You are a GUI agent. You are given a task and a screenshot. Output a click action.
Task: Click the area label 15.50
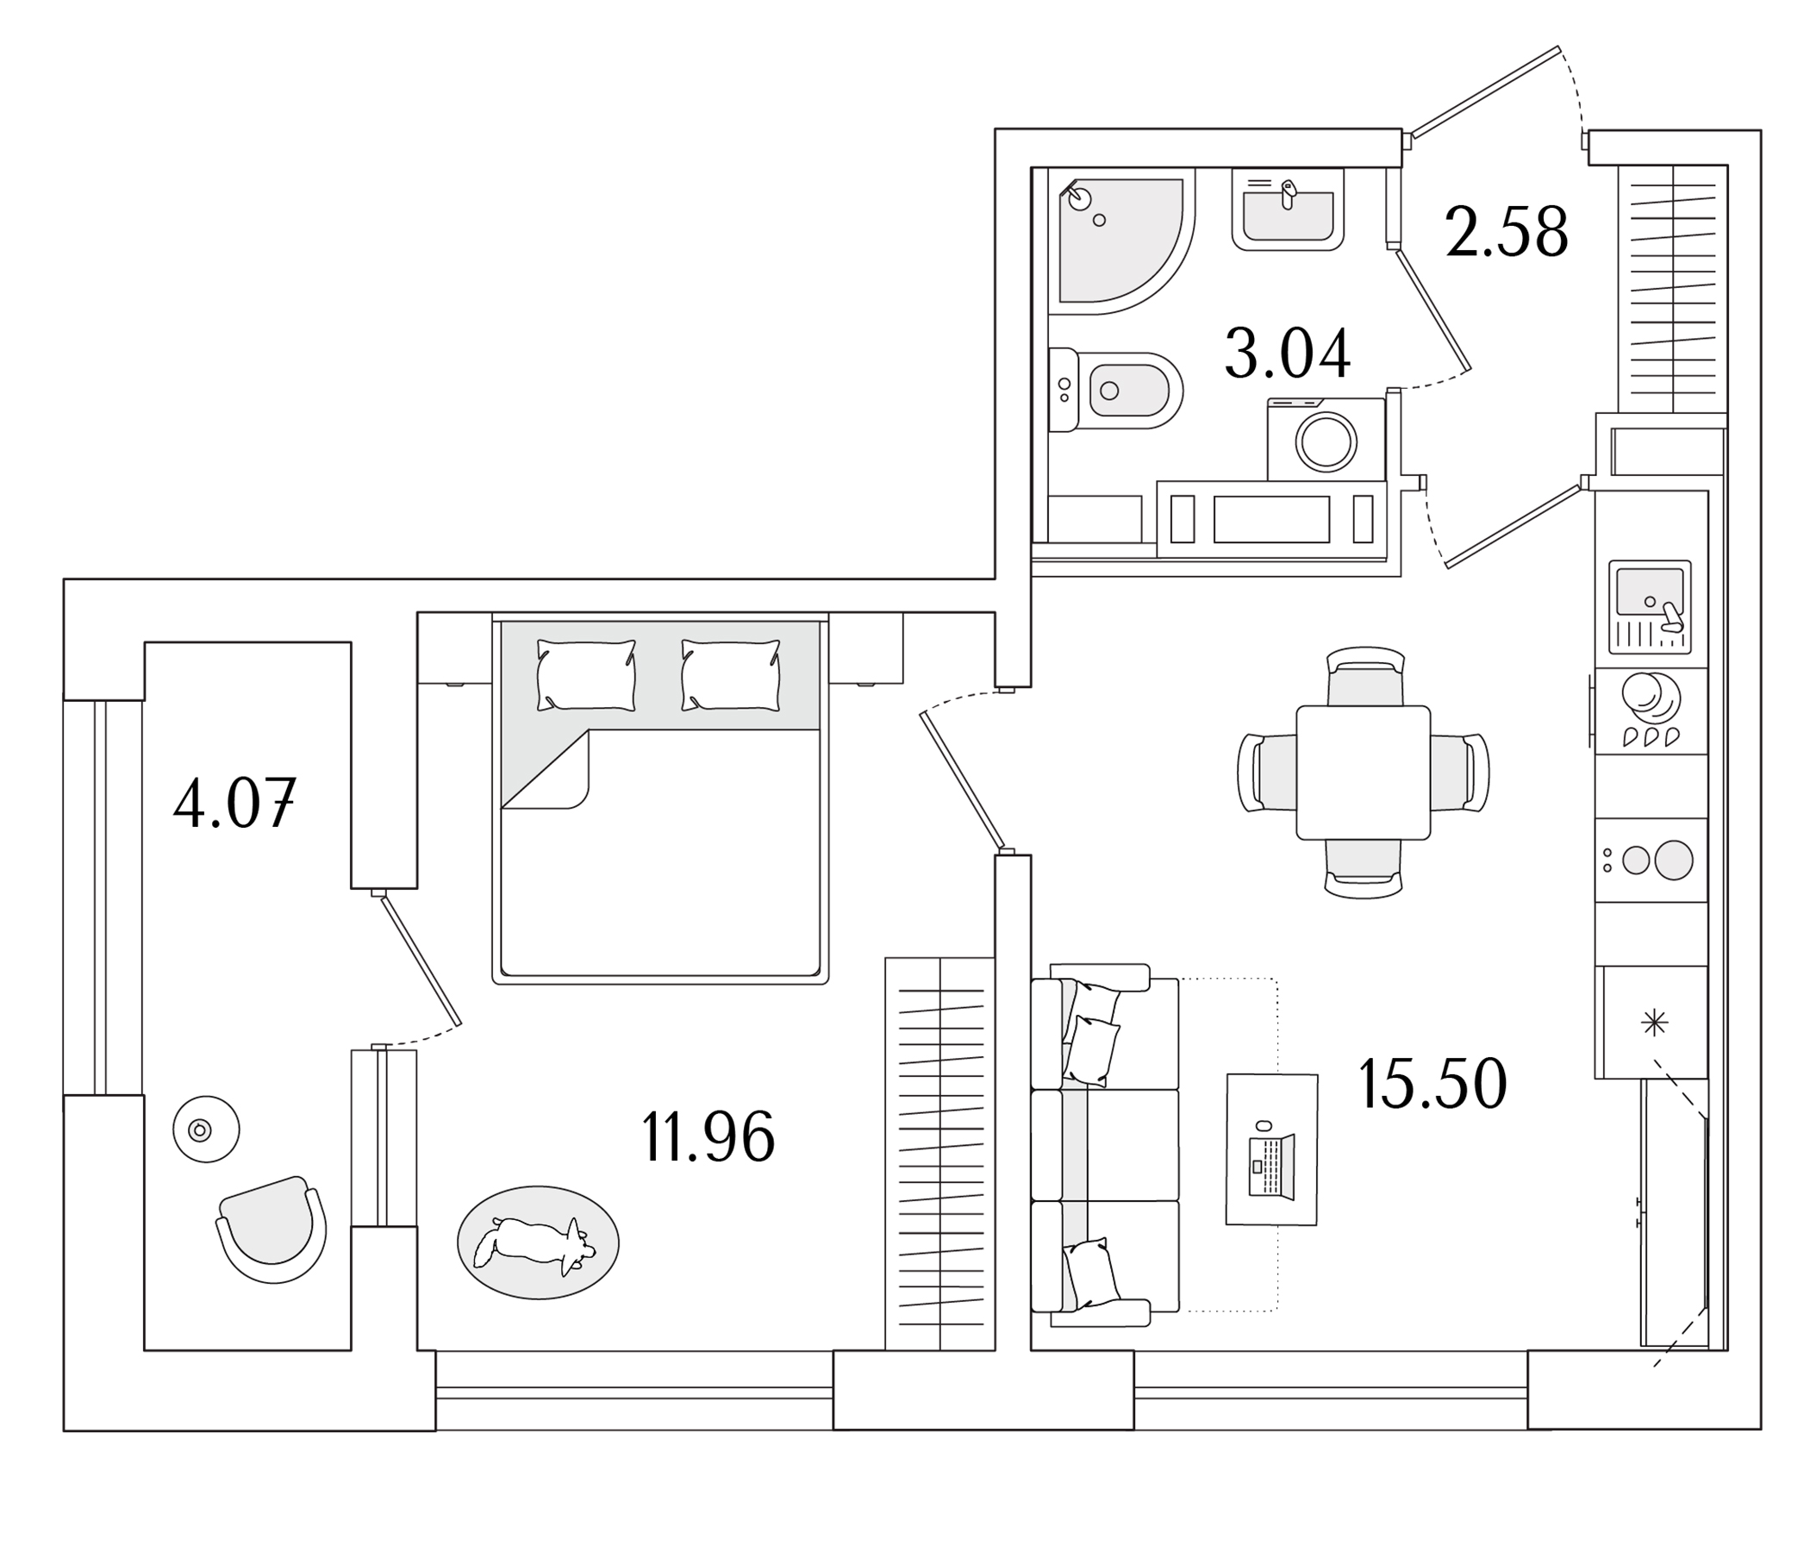[x=1432, y=1084]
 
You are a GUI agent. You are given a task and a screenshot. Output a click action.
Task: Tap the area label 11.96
[x=708, y=1137]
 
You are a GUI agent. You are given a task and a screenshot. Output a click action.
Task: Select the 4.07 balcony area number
[x=234, y=803]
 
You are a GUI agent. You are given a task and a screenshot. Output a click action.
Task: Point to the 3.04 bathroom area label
[x=1287, y=354]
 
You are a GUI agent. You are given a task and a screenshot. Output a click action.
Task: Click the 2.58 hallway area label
[x=1506, y=233]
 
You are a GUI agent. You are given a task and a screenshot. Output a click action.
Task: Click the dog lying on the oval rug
[x=534, y=1242]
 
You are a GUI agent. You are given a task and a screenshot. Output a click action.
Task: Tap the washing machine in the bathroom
[x=1326, y=441]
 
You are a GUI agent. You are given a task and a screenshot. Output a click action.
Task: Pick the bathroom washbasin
[x=1288, y=210]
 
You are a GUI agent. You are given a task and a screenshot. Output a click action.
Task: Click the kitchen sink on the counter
[x=1650, y=594]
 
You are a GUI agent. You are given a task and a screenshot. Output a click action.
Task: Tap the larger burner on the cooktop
[x=1673, y=860]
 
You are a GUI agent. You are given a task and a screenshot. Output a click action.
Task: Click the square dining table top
[x=1362, y=773]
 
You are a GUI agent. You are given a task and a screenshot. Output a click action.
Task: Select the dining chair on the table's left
[x=1267, y=773]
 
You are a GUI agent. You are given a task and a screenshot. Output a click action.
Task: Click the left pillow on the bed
[x=585, y=675]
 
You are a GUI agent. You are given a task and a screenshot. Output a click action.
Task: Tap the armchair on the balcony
[x=271, y=1227]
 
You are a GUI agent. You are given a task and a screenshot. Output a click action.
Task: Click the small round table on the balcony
[x=205, y=1130]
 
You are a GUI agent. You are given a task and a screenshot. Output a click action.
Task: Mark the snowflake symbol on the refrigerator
[x=1655, y=1023]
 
